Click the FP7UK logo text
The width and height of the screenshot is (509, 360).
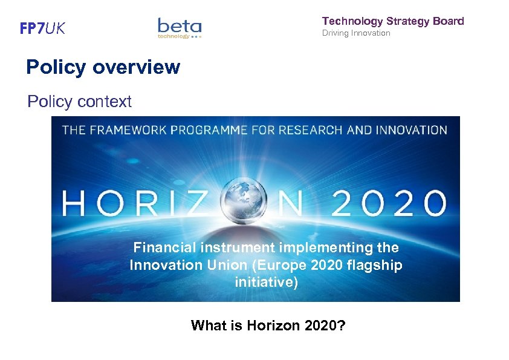click(42, 28)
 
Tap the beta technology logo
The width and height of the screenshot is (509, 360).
click(180, 28)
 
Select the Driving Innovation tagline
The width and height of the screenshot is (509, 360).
click(356, 33)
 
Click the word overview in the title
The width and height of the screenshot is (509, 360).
click(137, 67)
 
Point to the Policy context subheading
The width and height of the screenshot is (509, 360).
click(79, 102)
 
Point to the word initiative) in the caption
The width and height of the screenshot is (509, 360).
click(266, 283)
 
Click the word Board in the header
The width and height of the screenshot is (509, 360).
click(449, 21)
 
